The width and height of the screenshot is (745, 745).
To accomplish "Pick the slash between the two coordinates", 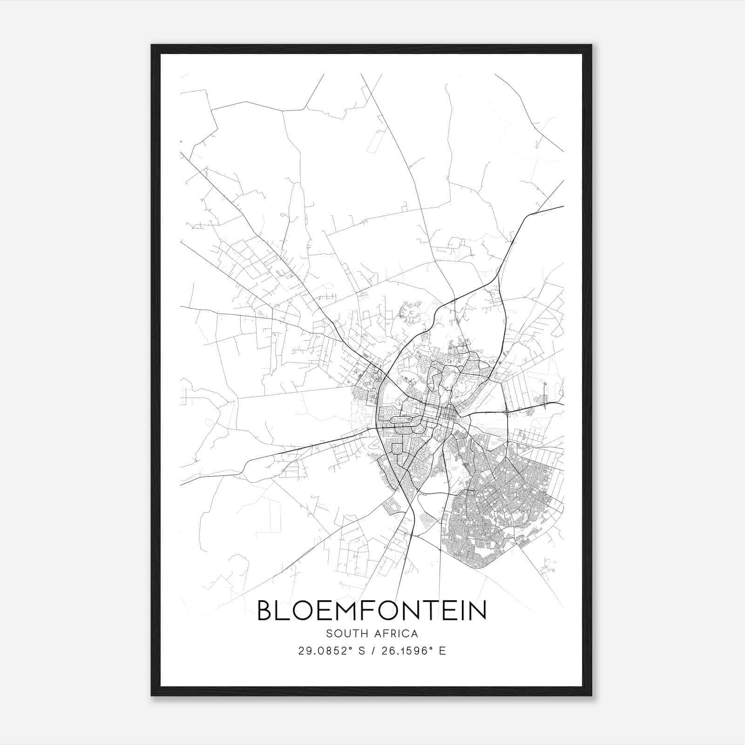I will (x=372, y=651).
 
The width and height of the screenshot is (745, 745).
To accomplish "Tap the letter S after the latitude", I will (x=361, y=651).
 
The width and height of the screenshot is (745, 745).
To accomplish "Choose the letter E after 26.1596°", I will (x=443, y=651).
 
